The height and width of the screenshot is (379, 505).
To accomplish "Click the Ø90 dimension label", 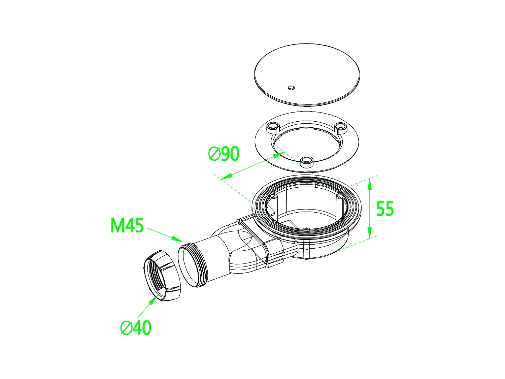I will coord(224,154).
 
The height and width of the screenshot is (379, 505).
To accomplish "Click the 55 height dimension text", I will coord(385,209).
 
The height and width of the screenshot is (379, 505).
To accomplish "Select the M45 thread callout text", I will coord(127,225).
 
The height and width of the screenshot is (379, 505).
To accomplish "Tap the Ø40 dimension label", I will coord(136,327).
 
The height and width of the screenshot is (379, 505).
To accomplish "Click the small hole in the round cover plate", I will coord(291,88).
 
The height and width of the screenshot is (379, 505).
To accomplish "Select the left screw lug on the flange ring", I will coord(273,127).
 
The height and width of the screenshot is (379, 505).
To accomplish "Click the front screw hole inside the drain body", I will coord(306,229).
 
